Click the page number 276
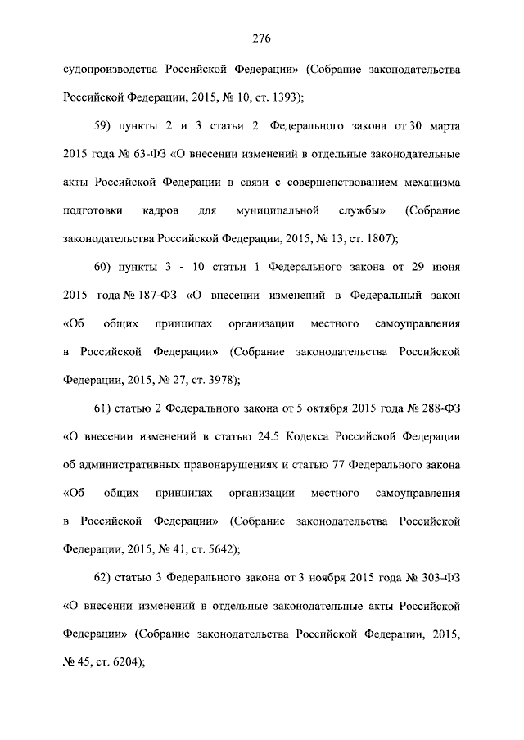click(261, 38)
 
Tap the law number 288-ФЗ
click(440, 408)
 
